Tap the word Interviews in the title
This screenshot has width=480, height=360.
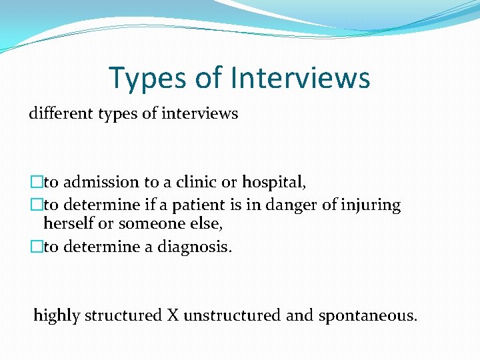pyautogui.click(x=301, y=78)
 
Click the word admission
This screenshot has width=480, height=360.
pyautogui.click(x=100, y=182)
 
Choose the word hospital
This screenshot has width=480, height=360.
pyautogui.click(x=273, y=183)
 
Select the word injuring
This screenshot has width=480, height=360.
pyautogui.click(x=371, y=205)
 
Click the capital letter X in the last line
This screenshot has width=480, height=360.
pyautogui.click(x=173, y=315)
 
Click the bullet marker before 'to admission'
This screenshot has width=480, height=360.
pyautogui.click(x=35, y=182)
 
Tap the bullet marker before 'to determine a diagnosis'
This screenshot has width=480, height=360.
pyautogui.click(x=35, y=247)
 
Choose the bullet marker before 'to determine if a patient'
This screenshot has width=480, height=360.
pyautogui.click(x=35, y=205)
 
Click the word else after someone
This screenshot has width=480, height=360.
pyautogui.click(x=207, y=225)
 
